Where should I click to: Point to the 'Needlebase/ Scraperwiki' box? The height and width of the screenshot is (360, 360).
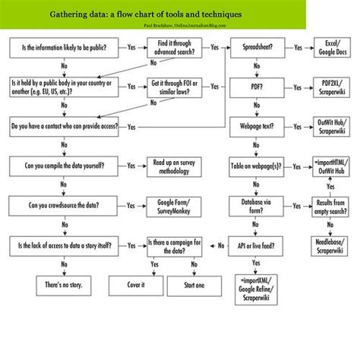point(330,245)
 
